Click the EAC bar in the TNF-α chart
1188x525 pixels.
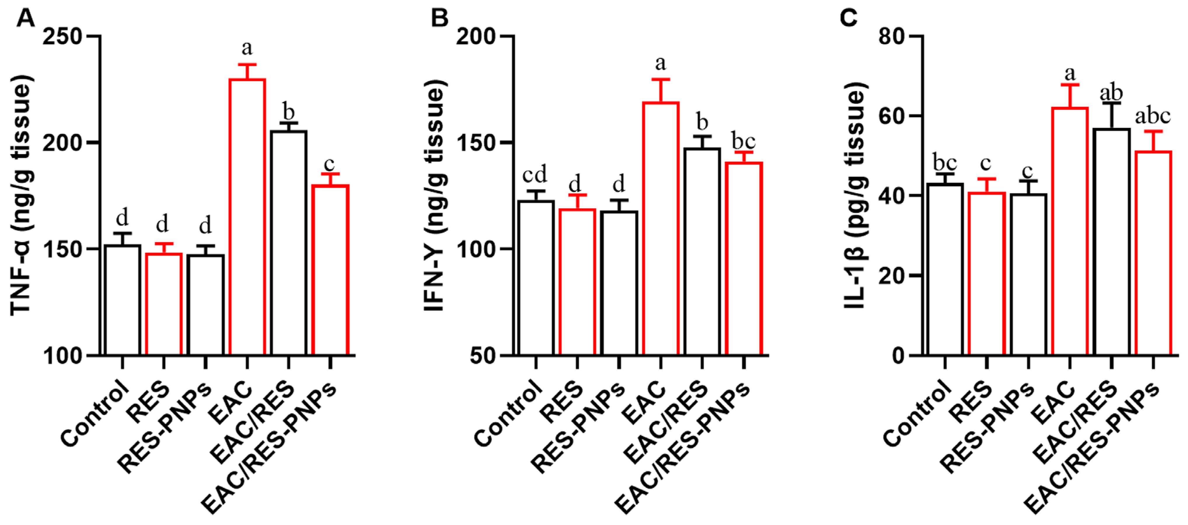(x=247, y=217)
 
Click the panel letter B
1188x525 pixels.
(x=439, y=18)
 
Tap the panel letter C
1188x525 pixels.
(x=849, y=18)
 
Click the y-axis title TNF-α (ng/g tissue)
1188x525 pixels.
(x=22, y=196)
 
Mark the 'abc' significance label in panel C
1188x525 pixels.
(x=1152, y=116)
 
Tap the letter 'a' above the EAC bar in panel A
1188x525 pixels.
(x=247, y=48)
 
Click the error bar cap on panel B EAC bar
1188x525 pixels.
(x=661, y=79)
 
